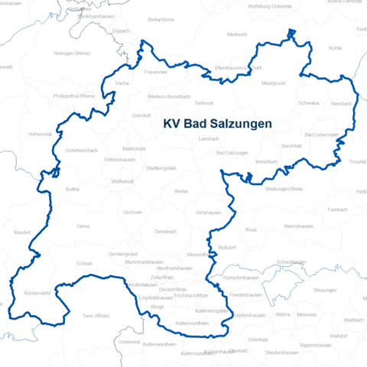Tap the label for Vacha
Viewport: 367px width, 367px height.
[x=122, y=83]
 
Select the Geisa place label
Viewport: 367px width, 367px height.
[x=83, y=226]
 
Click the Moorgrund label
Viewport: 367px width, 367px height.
[x=273, y=83]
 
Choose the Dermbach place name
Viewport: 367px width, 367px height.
[x=144, y=231]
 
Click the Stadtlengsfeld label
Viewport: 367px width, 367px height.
[x=161, y=167]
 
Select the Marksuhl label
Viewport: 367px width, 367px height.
[x=238, y=34]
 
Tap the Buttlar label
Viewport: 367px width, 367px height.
[x=73, y=188]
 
